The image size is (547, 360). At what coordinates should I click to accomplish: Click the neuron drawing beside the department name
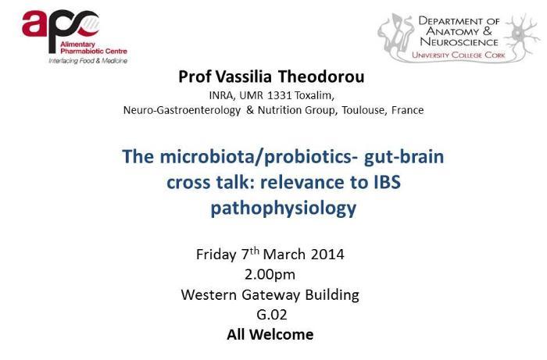(x=522, y=35)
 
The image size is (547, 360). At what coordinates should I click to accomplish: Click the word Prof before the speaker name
(x=195, y=77)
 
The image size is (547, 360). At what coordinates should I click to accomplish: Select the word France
(x=407, y=110)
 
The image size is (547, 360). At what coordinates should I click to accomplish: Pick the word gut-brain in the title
(x=404, y=156)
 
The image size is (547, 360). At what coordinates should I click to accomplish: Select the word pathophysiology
(x=283, y=209)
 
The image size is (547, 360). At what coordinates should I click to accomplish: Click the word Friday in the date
(x=216, y=255)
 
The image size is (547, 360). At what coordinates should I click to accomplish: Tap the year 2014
(x=327, y=255)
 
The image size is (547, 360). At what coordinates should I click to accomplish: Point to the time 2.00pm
(x=270, y=275)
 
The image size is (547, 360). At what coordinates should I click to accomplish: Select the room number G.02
(x=272, y=315)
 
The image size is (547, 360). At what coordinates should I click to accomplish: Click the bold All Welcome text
(x=270, y=334)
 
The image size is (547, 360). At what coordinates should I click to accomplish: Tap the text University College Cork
(x=459, y=55)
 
